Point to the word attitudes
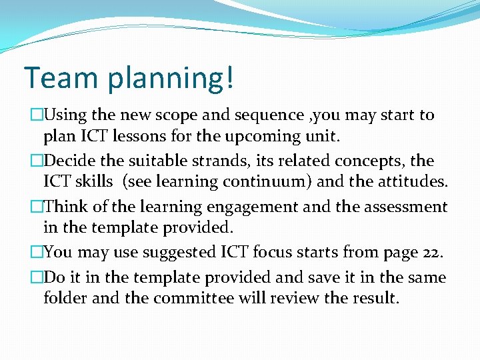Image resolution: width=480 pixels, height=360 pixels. (x=407, y=181)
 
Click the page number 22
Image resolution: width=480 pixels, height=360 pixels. (x=431, y=253)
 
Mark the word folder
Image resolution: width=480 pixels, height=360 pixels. (x=65, y=297)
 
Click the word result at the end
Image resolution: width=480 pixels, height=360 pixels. (x=375, y=297)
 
